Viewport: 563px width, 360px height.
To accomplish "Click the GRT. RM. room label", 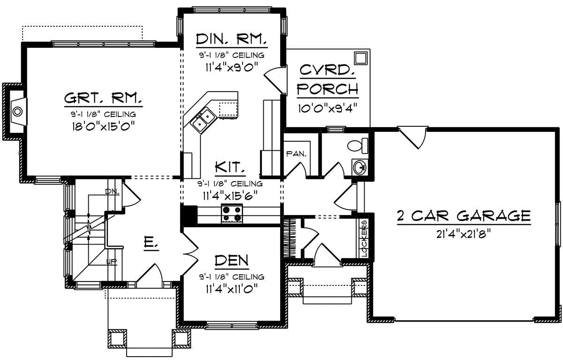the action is click(103, 98).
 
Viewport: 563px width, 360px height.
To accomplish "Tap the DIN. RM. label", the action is click(231, 39).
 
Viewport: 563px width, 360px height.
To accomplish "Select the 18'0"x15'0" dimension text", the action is click(104, 126).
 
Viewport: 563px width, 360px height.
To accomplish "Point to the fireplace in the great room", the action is click(18, 111).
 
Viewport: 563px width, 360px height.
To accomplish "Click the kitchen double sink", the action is click(204, 120).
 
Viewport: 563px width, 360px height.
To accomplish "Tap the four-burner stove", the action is click(232, 214).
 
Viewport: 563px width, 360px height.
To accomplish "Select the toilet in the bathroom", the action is click(358, 146).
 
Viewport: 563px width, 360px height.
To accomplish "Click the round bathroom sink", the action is click(360, 167).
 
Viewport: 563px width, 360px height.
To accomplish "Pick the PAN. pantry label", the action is click(297, 153).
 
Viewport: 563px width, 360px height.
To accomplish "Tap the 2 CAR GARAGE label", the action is click(464, 216).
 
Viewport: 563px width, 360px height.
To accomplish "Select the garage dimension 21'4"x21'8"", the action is click(464, 234).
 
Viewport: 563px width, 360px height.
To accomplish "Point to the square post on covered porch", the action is click(361, 58).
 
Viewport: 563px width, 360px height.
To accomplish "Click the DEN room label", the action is click(231, 260).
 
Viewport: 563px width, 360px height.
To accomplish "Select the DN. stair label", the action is click(112, 192).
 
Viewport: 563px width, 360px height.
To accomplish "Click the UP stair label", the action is click(111, 262).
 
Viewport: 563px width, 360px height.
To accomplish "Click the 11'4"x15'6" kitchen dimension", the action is click(230, 196).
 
